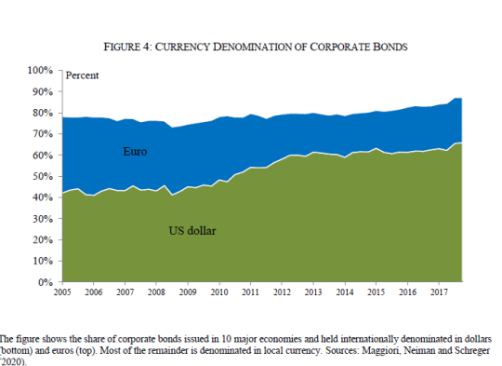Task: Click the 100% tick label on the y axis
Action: pos(40,70)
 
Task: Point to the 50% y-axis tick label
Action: pos(43,176)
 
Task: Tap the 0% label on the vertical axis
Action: pos(46,282)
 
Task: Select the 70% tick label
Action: pos(43,134)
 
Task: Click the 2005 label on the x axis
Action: pos(62,291)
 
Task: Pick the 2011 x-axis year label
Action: pos(251,291)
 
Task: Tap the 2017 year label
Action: pos(439,291)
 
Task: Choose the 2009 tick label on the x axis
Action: pos(188,291)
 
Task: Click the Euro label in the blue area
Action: pos(135,152)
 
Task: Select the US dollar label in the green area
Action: pos(192,231)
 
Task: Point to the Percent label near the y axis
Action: pos(83,75)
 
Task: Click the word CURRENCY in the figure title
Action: pos(182,47)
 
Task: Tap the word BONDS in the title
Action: pos(390,47)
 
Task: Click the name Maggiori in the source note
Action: pos(380,350)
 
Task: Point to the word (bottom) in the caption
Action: pos(16,350)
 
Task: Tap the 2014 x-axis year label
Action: pos(345,291)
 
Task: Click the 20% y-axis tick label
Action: pos(43,240)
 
